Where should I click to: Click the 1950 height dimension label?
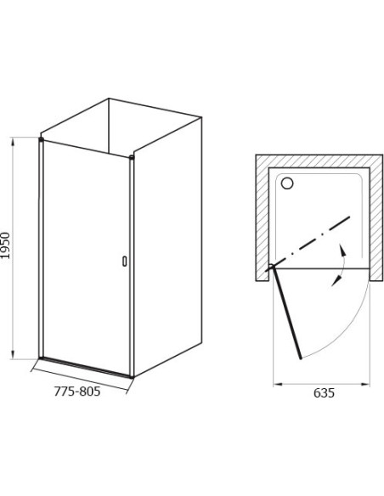coord(6,245)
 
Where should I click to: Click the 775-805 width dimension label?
coord(77,392)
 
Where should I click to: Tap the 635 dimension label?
coord(324,393)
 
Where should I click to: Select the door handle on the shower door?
coord(125,261)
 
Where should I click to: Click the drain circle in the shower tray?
coord(287,183)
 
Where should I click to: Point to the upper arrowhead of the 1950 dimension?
coord(13,141)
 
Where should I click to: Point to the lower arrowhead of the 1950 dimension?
coord(13,355)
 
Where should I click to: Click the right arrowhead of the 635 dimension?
coord(365,385)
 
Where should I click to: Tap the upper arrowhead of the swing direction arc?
coord(342,249)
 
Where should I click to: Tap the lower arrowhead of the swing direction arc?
coord(336,281)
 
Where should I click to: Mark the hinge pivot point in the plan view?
coord(272,268)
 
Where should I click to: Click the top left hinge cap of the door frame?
coord(41,139)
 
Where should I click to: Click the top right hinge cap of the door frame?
coord(132,157)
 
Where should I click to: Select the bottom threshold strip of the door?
coord(86,367)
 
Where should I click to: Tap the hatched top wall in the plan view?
coord(319,161)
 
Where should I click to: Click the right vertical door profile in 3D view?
coord(132,267)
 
